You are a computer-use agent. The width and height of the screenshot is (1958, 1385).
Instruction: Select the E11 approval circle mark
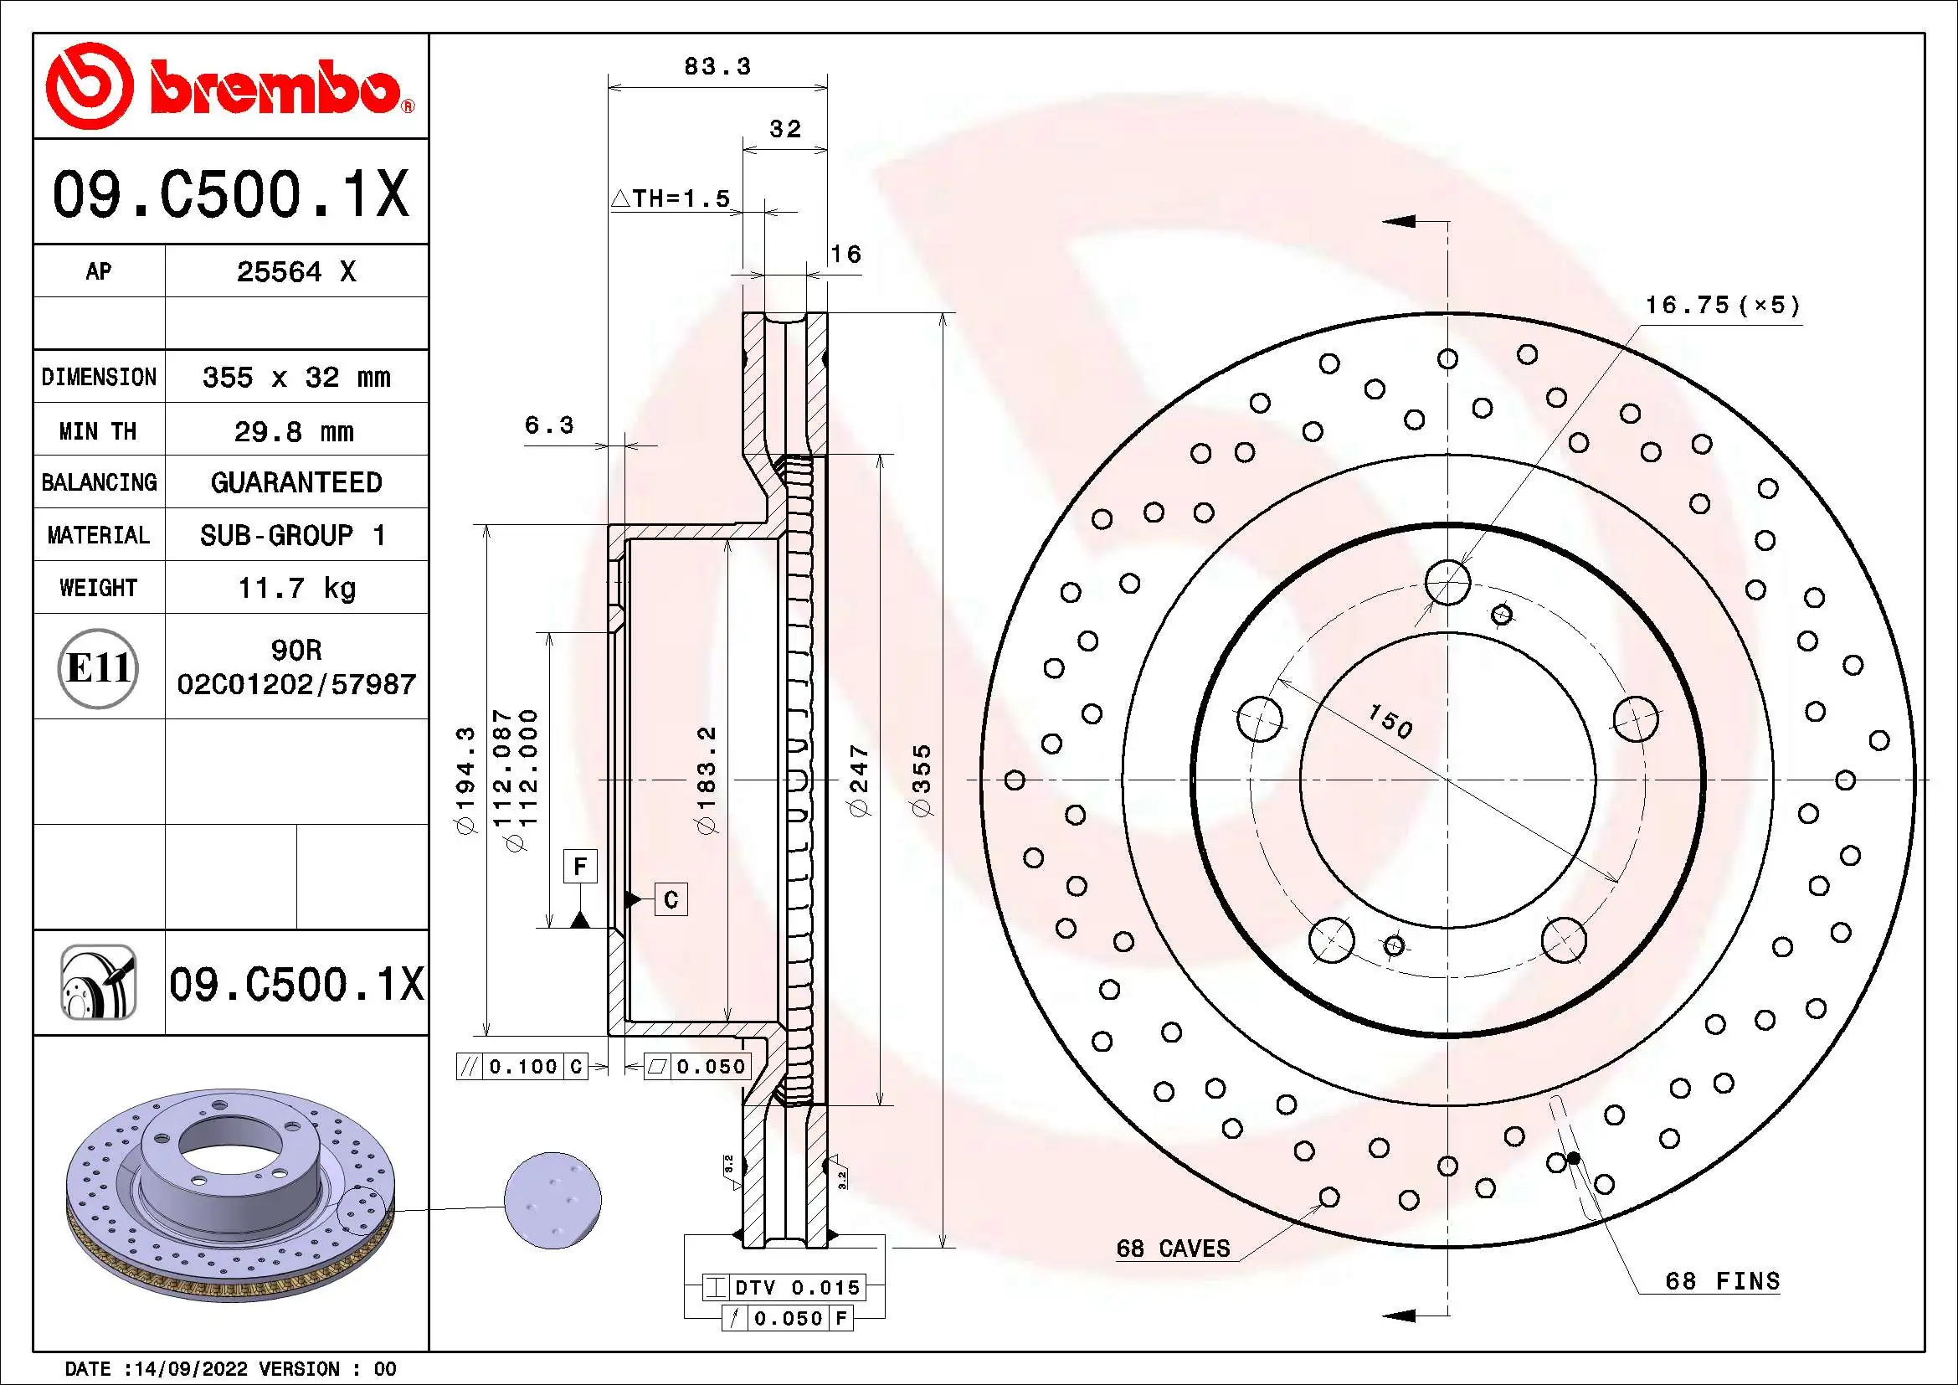click(x=99, y=667)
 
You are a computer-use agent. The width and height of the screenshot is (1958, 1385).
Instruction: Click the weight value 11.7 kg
click(x=295, y=588)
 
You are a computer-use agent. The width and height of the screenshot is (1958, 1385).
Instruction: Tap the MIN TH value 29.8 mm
click(x=294, y=431)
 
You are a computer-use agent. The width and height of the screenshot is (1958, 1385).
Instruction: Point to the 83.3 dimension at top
click(x=717, y=66)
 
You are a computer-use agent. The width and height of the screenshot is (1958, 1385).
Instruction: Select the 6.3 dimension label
click(x=548, y=425)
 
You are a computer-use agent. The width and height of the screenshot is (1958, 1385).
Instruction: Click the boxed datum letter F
click(x=580, y=867)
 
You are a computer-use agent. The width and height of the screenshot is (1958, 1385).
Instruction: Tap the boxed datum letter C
click(x=671, y=899)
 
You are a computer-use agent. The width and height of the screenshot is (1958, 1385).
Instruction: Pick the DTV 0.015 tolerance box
click(x=784, y=1287)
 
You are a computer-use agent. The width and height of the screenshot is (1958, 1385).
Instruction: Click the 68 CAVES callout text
click(x=1173, y=1249)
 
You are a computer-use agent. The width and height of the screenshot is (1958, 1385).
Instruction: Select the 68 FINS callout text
click(x=1722, y=1281)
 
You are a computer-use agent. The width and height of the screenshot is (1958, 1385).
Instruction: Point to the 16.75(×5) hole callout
click(x=1722, y=306)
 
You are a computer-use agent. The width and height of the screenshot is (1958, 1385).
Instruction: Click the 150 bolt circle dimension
click(x=1390, y=721)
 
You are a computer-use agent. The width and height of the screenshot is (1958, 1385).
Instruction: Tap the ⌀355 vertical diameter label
click(x=922, y=780)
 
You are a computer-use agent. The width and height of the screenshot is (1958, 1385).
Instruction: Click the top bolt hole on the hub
click(x=1447, y=583)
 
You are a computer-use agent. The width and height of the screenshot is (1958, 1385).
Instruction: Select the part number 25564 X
click(x=295, y=271)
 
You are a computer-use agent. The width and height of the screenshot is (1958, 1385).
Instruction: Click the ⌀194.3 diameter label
click(x=465, y=780)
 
